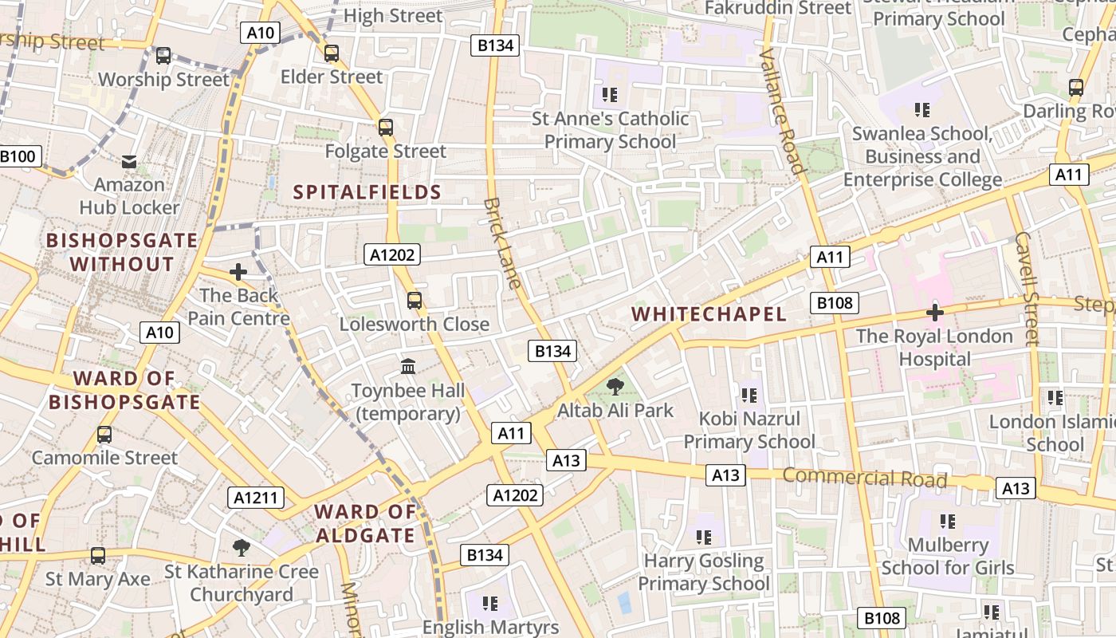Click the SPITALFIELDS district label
coord(367,192)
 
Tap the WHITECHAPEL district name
coord(709,314)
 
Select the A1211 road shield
coord(256,498)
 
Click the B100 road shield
coord(18,156)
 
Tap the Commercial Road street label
coord(864,478)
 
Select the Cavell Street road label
coord(1027,288)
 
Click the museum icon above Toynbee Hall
coord(409,366)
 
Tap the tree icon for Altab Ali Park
coord(615,387)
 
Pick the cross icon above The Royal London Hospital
coord(934,312)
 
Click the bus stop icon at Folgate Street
coord(386,127)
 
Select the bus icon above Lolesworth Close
coord(415,301)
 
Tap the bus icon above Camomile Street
coord(104,435)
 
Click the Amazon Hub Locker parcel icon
coord(129,162)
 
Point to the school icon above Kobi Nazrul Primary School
coord(749,395)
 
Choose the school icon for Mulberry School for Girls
coord(947,522)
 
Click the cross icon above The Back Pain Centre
coord(238,272)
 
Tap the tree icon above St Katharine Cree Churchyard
coord(242,547)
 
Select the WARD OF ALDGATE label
coord(365,523)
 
